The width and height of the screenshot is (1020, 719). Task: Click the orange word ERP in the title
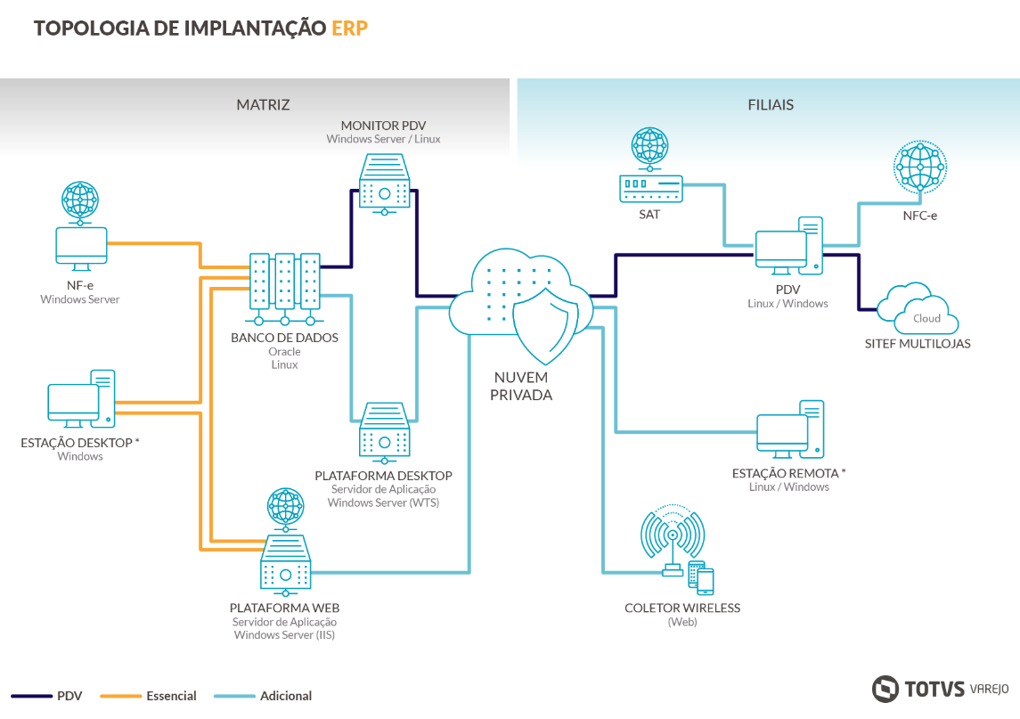click(x=349, y=29)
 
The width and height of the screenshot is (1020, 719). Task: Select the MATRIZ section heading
click(x=263, y=104)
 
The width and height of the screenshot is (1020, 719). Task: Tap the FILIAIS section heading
click(x=771, y=104)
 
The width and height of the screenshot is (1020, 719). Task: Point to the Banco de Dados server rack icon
click(x=284, y=288)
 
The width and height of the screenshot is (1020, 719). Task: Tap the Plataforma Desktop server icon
click(x=384, y=431)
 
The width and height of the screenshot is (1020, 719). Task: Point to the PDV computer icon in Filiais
click(x=788, y=245)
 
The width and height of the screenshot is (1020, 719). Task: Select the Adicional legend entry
click(x=285, y=696)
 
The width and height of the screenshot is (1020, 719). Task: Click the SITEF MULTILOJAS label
click(x=917, y=344)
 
